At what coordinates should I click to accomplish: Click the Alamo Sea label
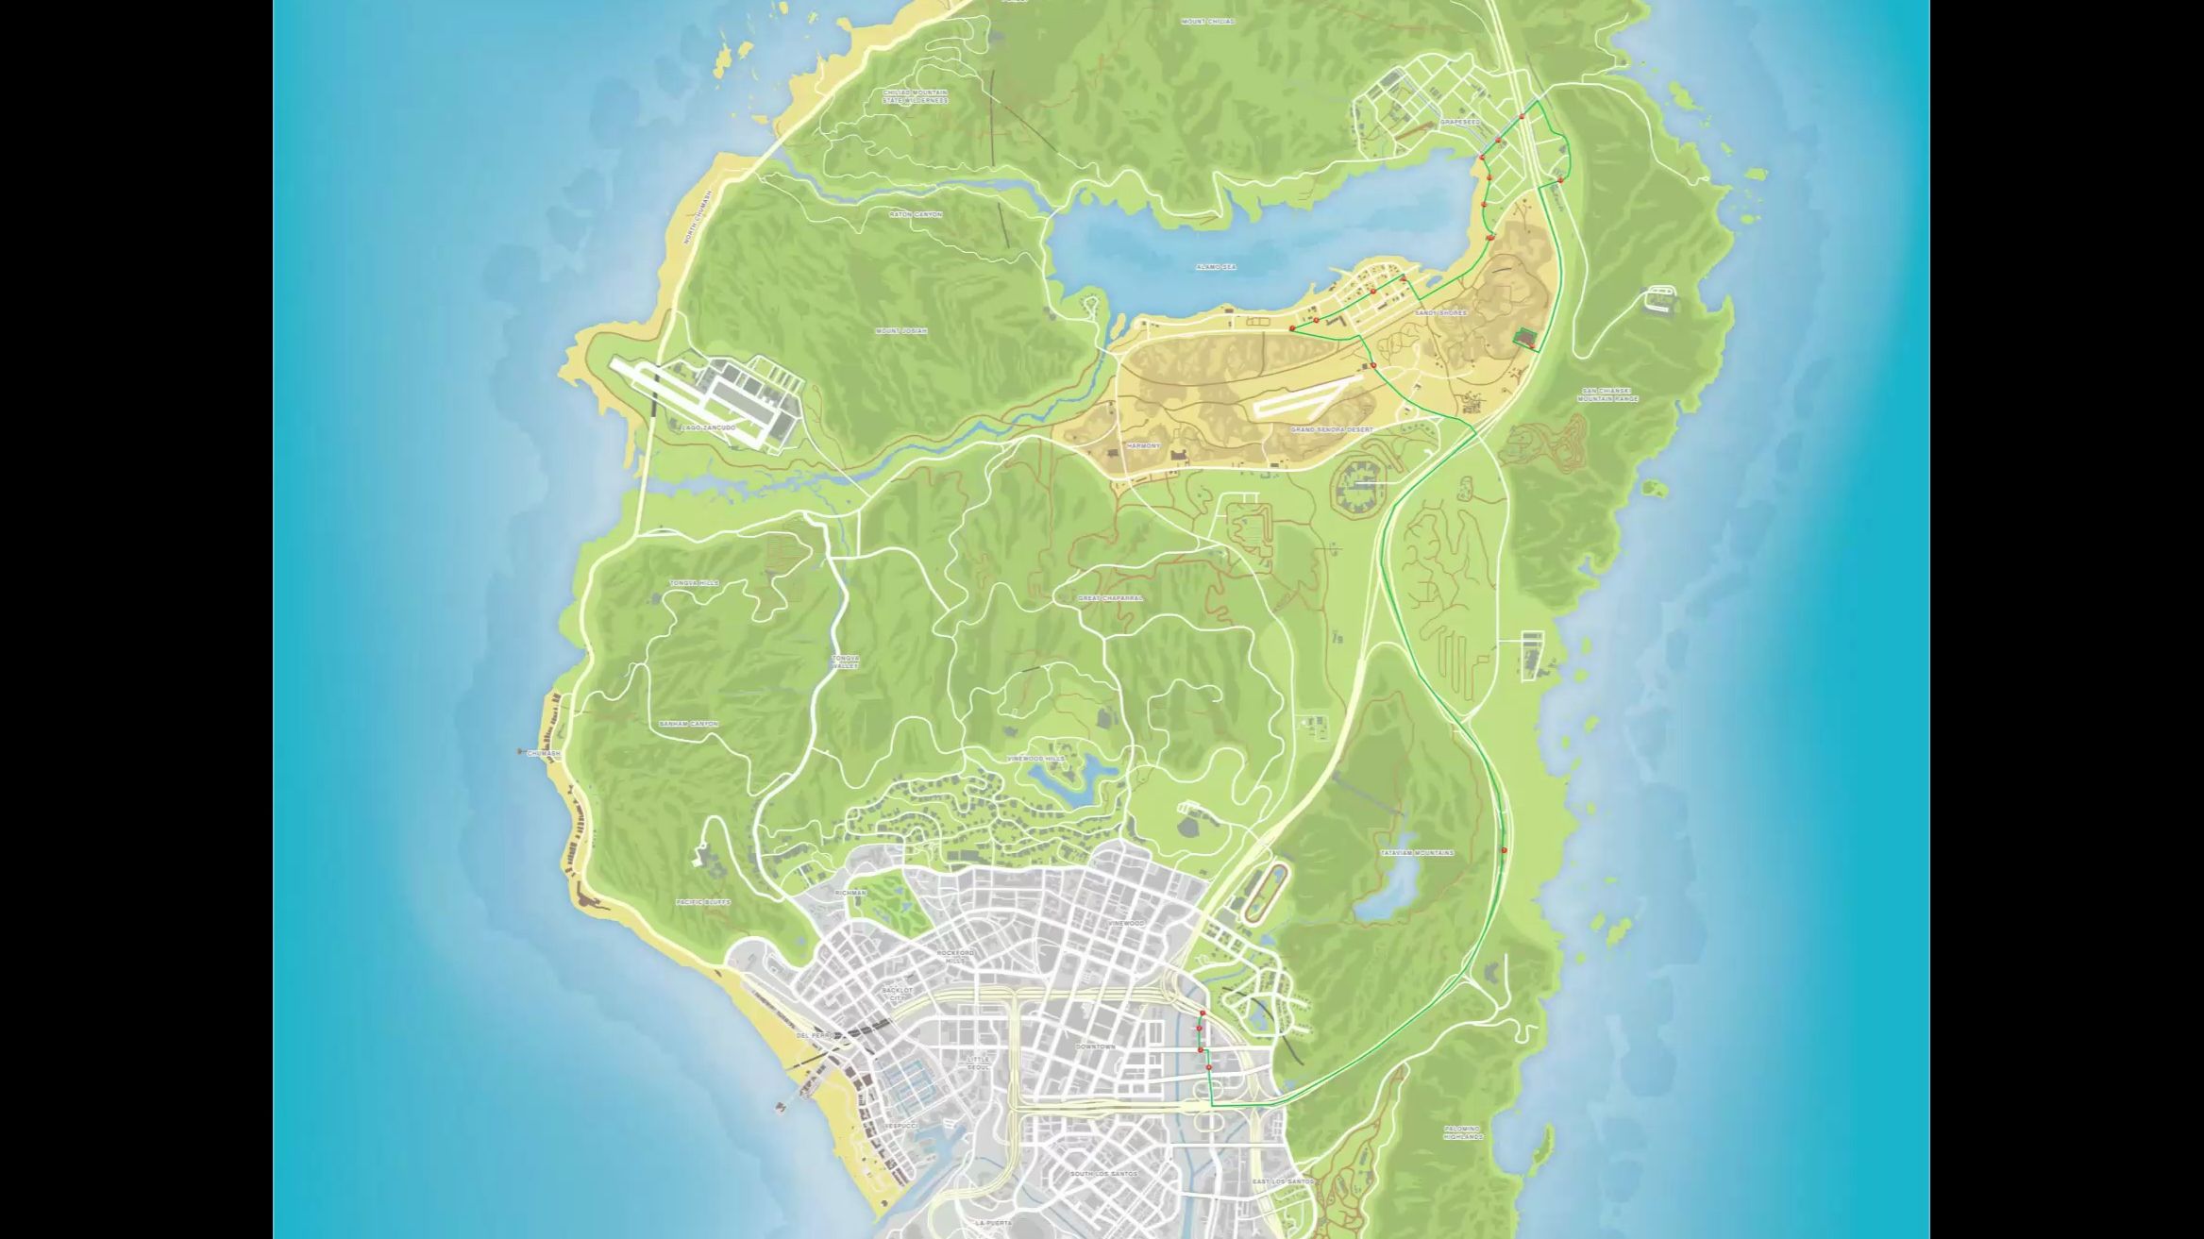coord(1215,267)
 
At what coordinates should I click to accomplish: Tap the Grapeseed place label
coord(1459,122)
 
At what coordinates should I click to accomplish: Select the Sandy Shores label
coord(1440,312)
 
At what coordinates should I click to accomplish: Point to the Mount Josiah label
coord(900,331)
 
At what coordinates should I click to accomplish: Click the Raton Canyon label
coord(916,214)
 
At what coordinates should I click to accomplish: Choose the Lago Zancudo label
coord(708,428)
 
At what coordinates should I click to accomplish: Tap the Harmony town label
coord(1143,445)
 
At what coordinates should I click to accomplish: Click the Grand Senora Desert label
coord(1332,429)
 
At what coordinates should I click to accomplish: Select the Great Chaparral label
coord(1110,598)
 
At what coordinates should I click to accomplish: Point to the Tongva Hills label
coord(694,583)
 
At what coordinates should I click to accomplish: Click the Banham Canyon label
coord(688,724)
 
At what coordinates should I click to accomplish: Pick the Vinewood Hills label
coord(1035,759)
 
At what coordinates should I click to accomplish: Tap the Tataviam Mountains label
coord(1417,853)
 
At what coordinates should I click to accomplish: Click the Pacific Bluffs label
coord(703,902)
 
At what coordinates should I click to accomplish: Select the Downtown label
coord(1095,1046)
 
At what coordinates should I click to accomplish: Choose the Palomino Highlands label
coord(1462,1132)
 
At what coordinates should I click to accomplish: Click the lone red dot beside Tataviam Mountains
coord(1504,850)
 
